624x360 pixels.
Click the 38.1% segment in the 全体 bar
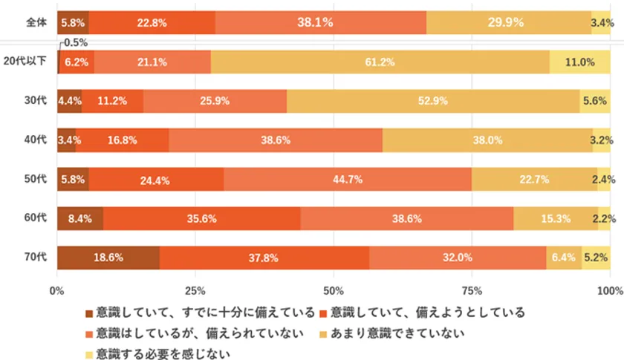(321, 23)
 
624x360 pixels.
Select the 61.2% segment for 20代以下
(380, 62)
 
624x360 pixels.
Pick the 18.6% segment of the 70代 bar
(108, 258)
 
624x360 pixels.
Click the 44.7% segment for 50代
(348, 180)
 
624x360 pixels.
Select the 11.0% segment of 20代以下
(580, 62)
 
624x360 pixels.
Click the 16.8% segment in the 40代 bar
(122, 140)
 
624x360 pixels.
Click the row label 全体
(35, 23)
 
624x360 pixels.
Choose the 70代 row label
(36, 258)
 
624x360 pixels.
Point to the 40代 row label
(36, 140)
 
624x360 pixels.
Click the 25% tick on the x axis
(195, 290)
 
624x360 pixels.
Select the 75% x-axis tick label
(472, 290)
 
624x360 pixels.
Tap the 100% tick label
(608, 290)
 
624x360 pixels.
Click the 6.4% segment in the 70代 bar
(564, 258)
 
